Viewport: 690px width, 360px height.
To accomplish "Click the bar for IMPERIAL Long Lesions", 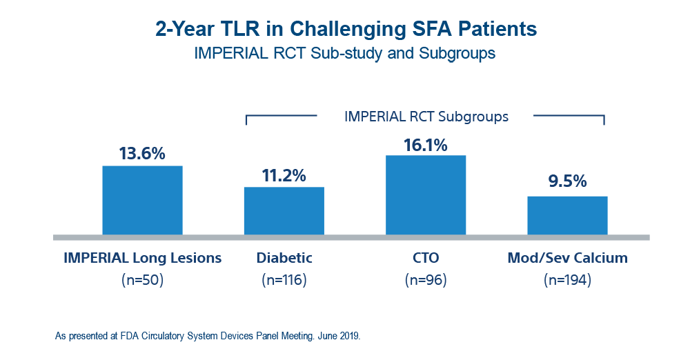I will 142,200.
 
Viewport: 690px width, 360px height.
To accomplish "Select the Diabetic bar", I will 284,210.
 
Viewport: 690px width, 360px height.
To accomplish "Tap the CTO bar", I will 426,194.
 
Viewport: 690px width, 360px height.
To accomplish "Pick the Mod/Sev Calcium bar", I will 567,214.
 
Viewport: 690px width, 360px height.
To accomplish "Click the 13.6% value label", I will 142,153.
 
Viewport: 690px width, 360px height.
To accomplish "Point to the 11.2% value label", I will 284,175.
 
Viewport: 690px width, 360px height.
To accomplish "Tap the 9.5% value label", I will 567,182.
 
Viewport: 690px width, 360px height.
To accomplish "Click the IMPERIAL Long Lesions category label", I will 142,259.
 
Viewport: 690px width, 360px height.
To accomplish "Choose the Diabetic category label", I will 284,259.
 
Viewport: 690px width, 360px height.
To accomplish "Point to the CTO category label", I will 426,259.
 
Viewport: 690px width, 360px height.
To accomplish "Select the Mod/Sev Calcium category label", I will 567,259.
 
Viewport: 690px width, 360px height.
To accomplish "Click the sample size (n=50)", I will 142,279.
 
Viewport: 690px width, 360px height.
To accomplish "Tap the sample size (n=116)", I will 284,279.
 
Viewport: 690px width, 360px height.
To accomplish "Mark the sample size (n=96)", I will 426,279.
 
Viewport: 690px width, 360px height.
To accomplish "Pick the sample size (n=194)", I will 567,279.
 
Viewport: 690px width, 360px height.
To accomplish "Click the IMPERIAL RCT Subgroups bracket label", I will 426,117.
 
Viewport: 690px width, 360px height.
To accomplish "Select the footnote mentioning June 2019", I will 207,337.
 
